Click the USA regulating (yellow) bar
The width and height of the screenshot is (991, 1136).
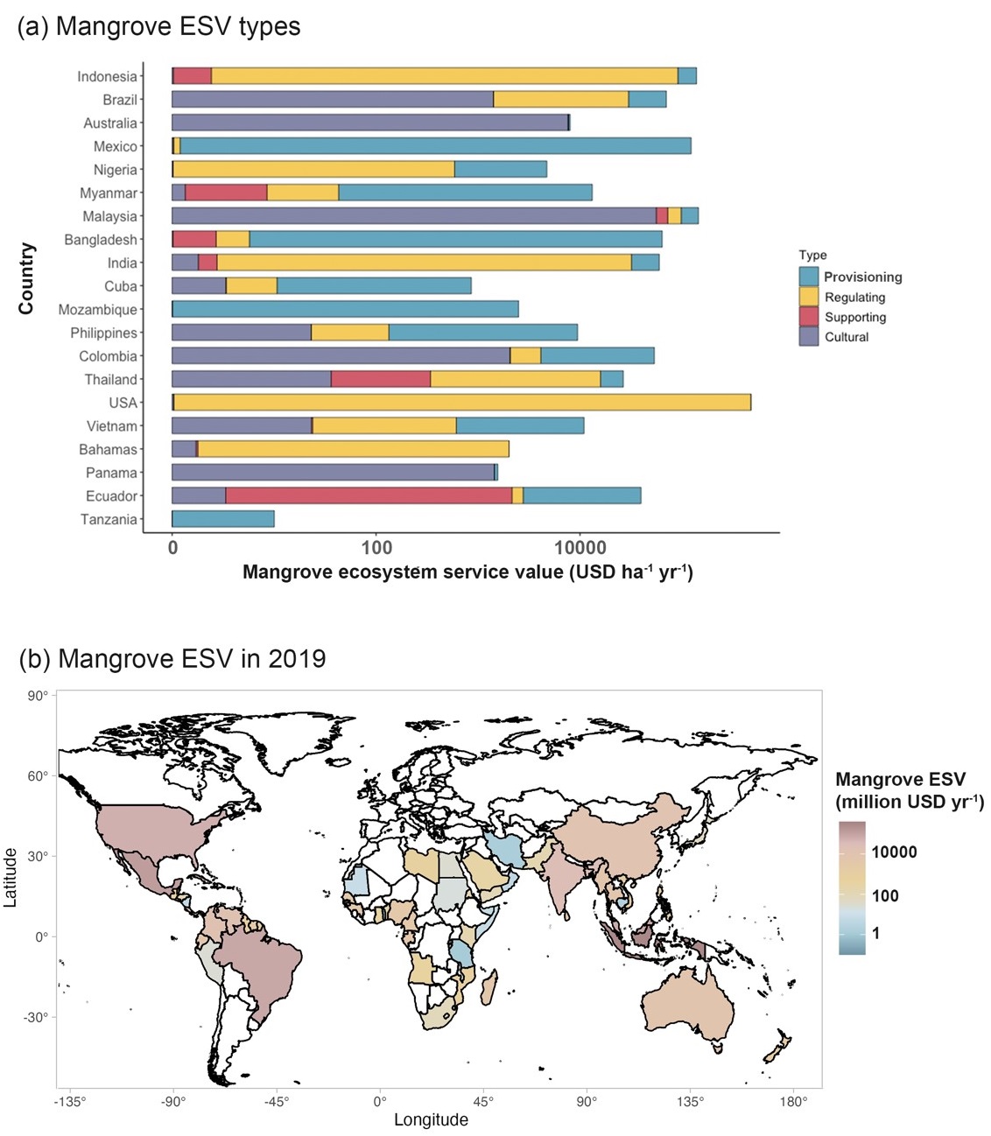(x=462, y=403)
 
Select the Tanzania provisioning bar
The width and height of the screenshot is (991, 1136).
(x=223, y=519)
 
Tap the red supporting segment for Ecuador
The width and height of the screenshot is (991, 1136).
(x=369, y=495)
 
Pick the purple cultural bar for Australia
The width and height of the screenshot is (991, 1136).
(x=369, y=123)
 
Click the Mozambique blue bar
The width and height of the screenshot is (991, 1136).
(x=345, y=309)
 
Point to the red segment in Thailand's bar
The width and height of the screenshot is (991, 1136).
(x=381, y=379)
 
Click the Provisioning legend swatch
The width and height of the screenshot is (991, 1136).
(x=809, y=277)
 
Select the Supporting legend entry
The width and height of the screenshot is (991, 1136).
(x=854, y=317)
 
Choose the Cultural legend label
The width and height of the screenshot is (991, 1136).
(x=847, y=337)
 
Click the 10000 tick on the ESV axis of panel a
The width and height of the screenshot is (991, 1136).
(x=580, y=548)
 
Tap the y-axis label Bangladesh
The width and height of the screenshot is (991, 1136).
(x=101, y=240)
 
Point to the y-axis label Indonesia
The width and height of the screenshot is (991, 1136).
(x=107, y=77)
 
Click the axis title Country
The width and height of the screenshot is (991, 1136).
(x=26, y=278)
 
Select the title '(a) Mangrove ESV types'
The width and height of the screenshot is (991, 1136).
(x=158, y=26)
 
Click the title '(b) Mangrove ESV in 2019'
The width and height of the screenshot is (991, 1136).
(x=172, y=658)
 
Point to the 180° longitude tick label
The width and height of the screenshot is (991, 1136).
(x=793, y=1102)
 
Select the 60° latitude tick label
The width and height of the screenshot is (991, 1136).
(x=38, y=776)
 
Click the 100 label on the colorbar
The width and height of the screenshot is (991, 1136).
(x=885, y=895)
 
